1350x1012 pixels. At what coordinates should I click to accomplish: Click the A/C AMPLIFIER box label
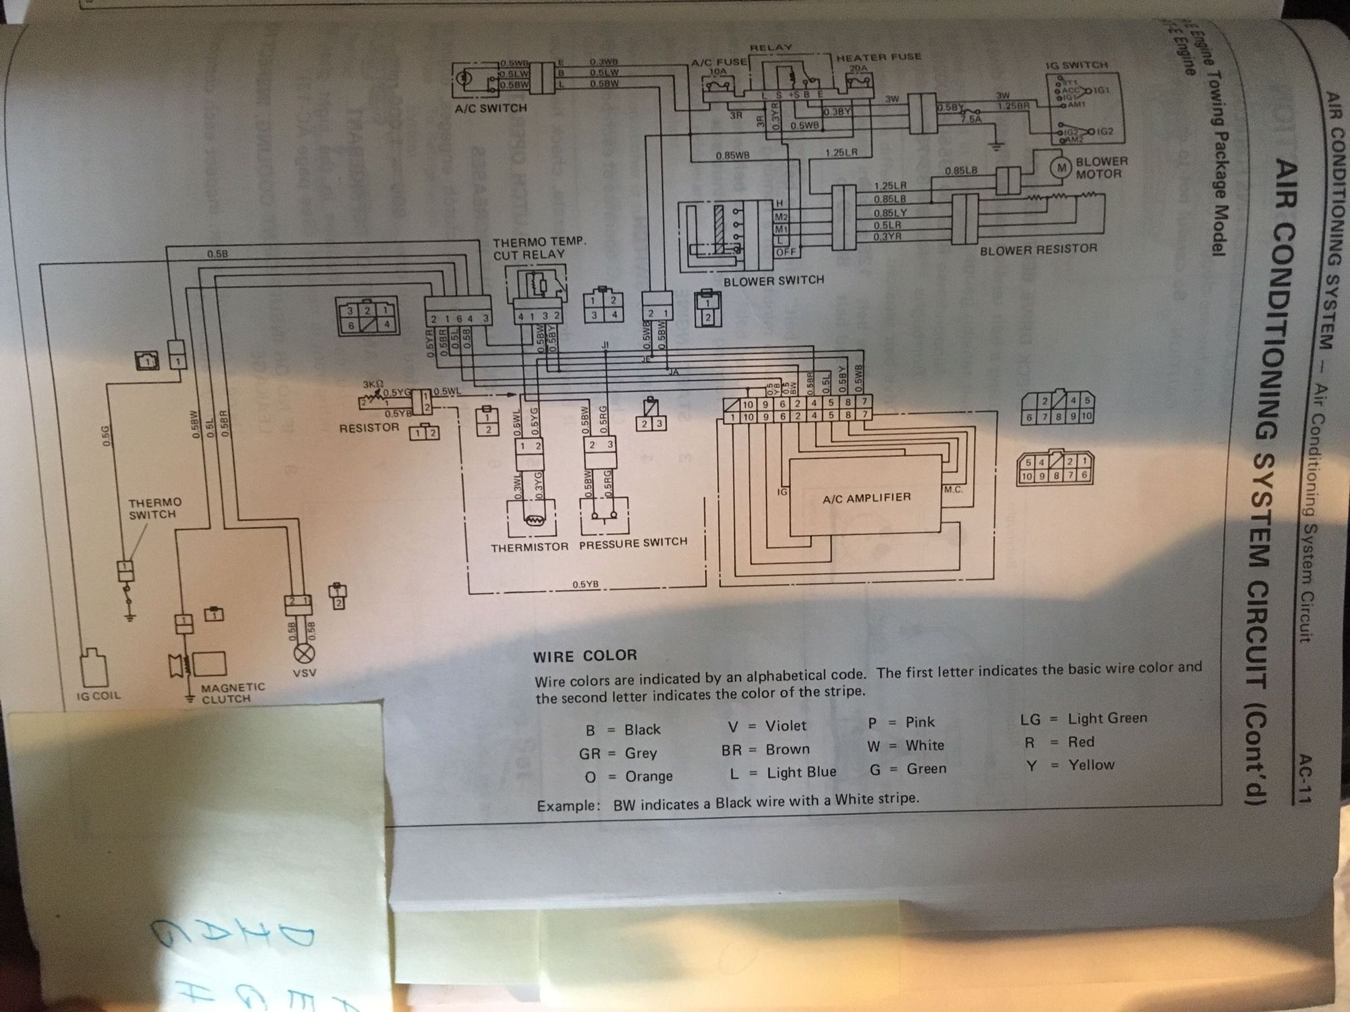point(866,498)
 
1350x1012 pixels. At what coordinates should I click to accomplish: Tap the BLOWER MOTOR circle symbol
point(1062,167)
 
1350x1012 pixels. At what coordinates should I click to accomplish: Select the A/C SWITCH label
point(491,108)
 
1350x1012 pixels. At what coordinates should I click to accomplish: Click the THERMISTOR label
point(529,546)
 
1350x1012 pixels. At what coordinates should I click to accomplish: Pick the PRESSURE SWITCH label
point(632,542)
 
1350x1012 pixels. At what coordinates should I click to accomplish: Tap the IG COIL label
point(99,696)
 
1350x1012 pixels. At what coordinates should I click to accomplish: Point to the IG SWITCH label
point(1076,65)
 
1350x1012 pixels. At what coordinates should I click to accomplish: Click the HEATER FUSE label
point(879,57)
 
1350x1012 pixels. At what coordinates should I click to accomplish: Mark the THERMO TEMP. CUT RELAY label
point(539,248)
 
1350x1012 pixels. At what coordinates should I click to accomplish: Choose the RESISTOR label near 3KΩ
point(369,428)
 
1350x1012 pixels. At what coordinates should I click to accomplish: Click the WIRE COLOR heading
point(585,655)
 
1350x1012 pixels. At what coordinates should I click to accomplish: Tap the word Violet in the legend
point(786,726)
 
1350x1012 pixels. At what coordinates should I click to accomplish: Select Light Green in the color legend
point(1107,719)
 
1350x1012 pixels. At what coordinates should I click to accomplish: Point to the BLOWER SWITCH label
point(774,280)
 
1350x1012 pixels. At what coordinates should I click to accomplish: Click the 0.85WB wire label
point(732,156)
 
